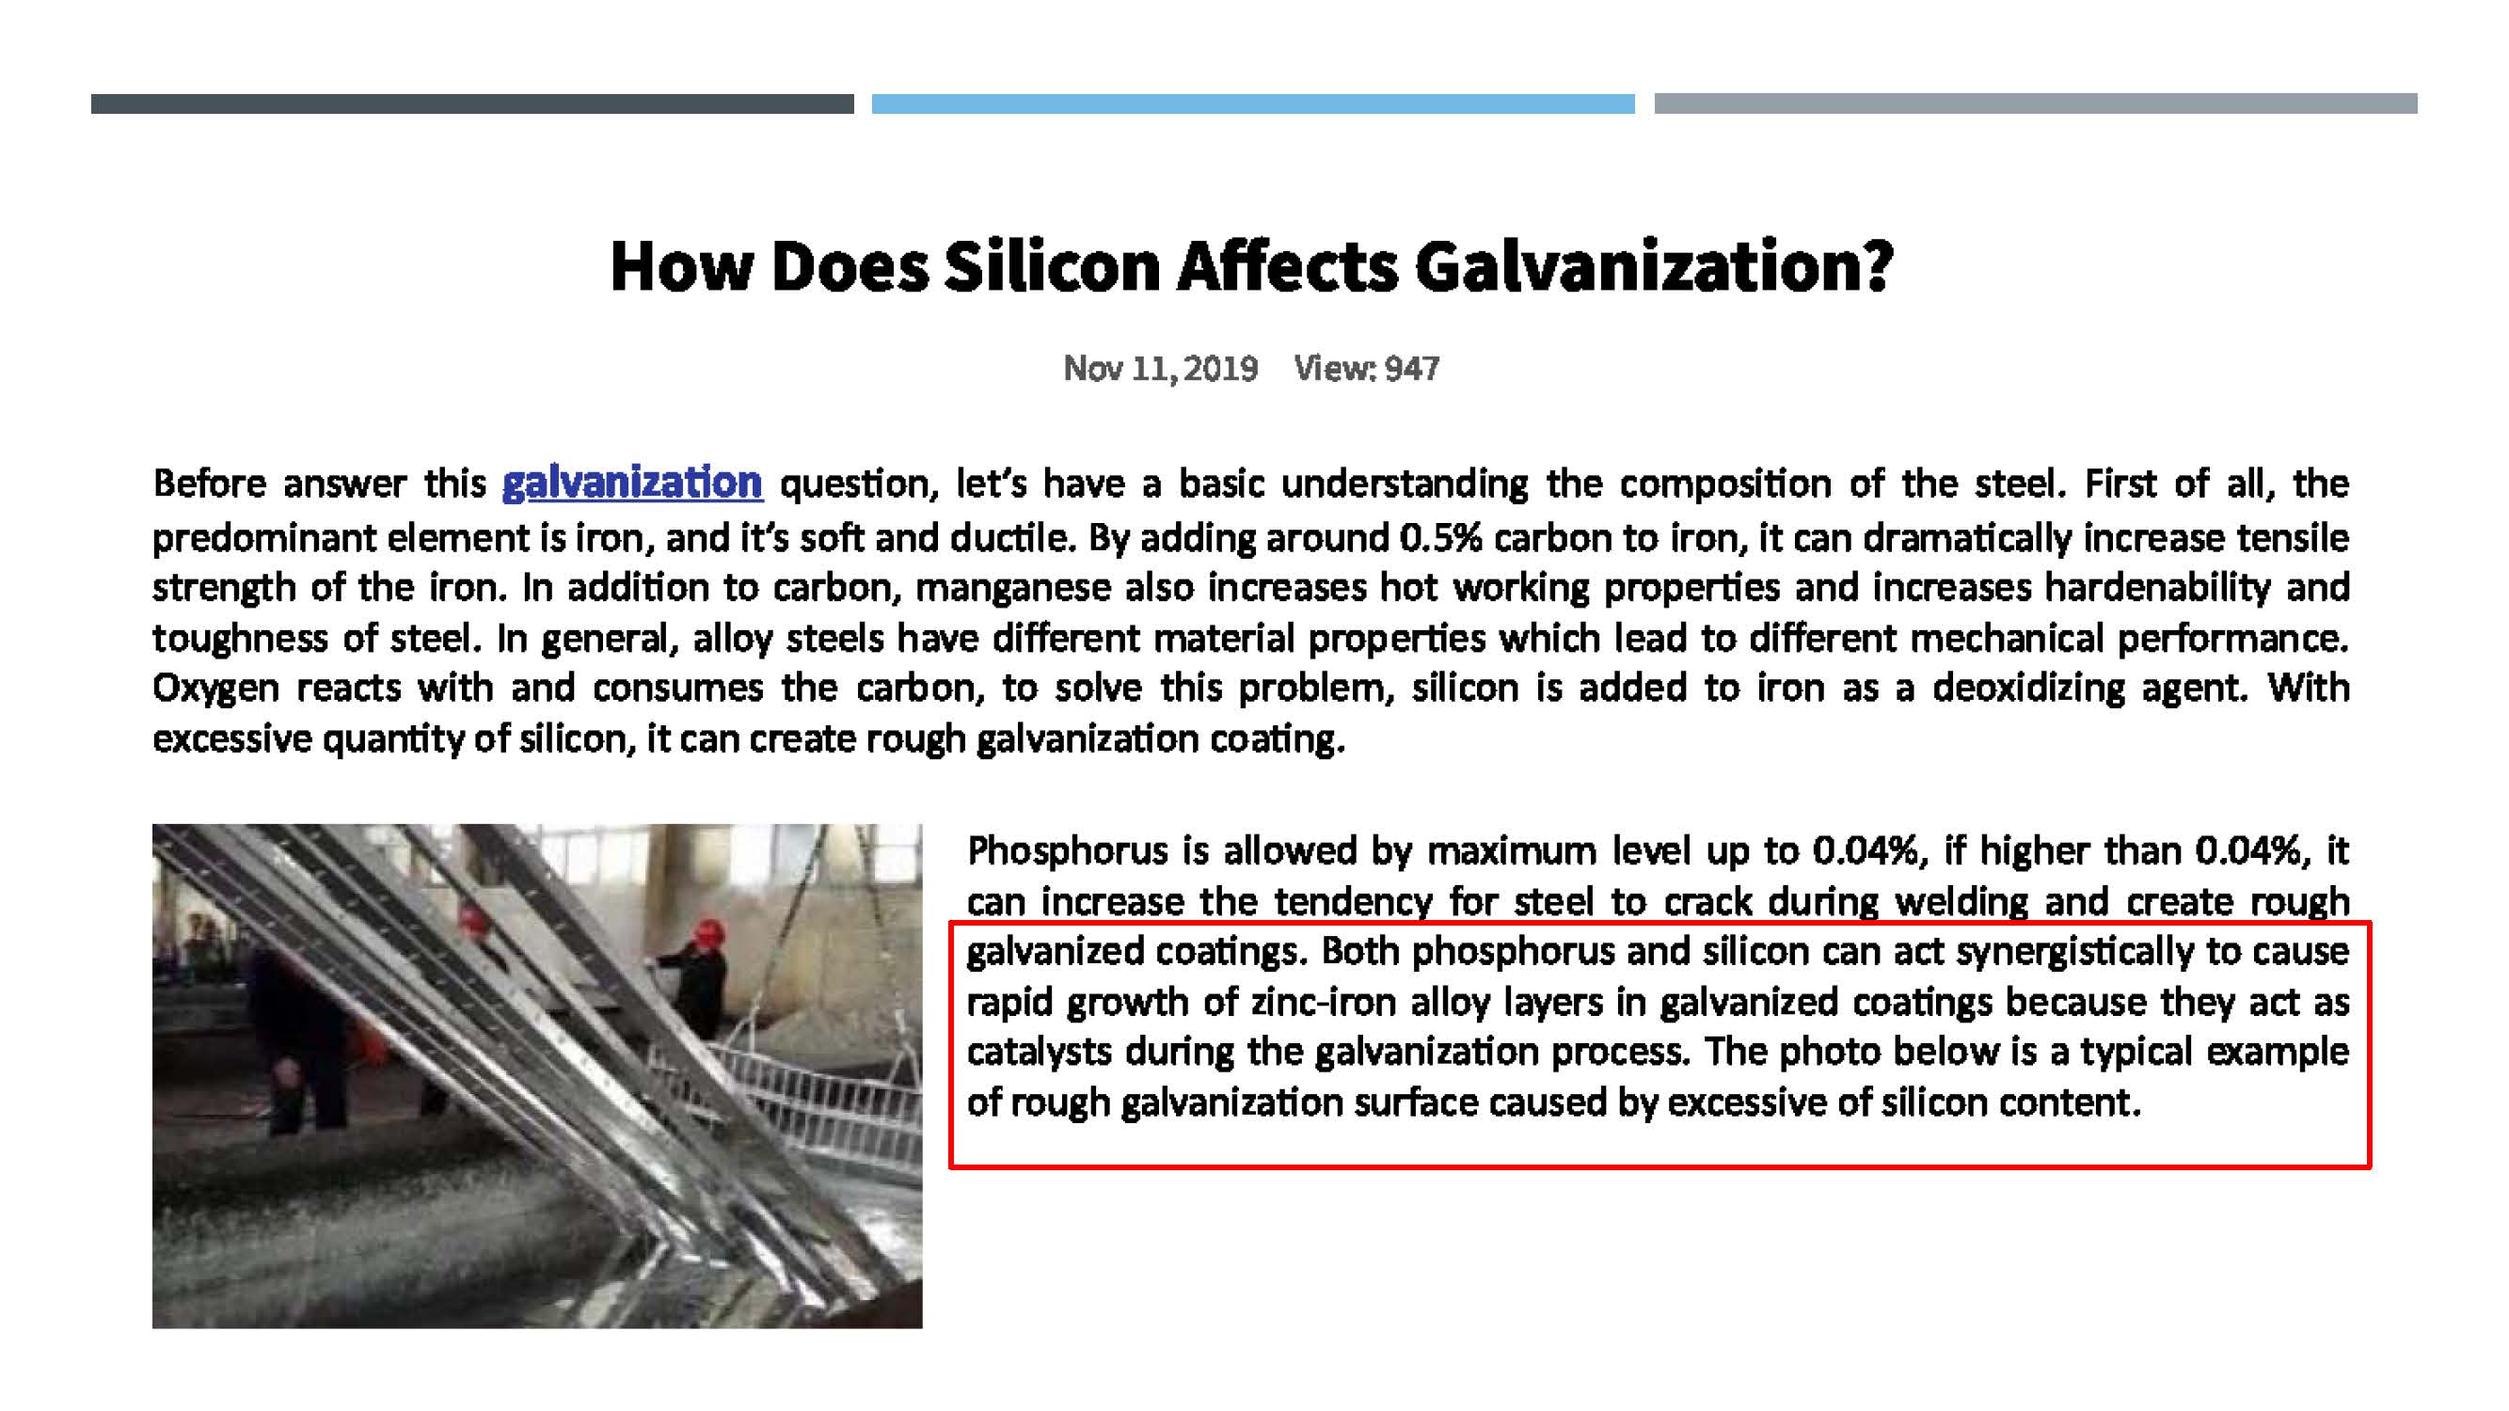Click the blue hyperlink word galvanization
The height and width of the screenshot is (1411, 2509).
click(632, 483)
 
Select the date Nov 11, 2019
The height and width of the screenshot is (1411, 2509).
click(1160, 368)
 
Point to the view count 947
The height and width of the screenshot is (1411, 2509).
click(1412, 368)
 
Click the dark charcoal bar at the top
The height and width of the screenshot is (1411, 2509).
click(472, 103)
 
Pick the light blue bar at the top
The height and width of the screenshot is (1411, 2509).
click(1252, 103)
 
